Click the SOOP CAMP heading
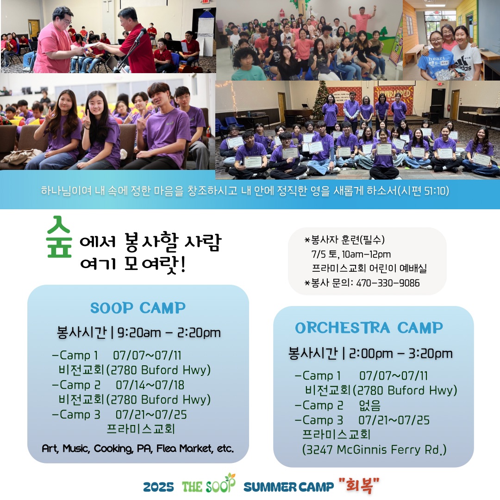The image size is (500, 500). click(x=138, y=308)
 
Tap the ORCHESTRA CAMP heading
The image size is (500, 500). click(x=369, y=328)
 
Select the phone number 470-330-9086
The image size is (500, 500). click(x=388, y=283)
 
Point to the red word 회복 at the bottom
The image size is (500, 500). click(x=359, y=485)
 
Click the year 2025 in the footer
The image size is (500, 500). click(x=158, y=487)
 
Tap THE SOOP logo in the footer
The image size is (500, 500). click(x=209, y=484)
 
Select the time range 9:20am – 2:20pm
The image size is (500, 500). click(x=169, y=333)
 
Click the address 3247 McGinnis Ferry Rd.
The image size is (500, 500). click(x=374, y=450)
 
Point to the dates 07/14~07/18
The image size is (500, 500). click(x=150, y=385)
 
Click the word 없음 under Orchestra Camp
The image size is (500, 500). click(x=370, y=405)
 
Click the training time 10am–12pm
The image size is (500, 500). click(x=366, y=254)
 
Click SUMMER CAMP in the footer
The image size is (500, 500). click(x=288, y=487)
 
